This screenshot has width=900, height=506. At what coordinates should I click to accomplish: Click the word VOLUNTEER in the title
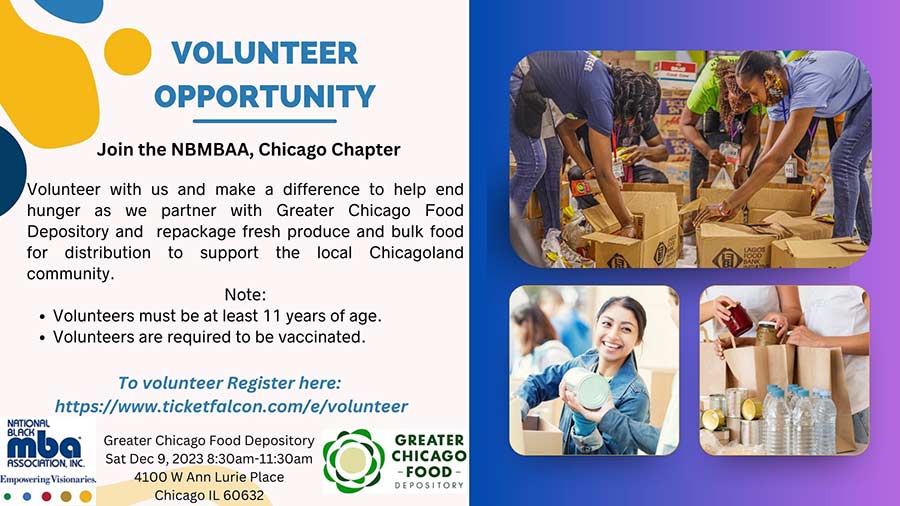265,53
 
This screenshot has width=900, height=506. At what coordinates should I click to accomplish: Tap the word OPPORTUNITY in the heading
265,96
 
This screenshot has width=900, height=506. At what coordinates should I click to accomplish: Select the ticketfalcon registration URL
231,406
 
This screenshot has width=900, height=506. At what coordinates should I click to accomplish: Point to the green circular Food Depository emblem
353,461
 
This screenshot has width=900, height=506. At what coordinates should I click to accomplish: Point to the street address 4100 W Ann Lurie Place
209,477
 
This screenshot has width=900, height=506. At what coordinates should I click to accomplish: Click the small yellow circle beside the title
127,52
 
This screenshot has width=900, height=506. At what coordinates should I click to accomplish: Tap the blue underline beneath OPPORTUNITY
265,121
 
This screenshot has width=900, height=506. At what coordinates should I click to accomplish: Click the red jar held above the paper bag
738,319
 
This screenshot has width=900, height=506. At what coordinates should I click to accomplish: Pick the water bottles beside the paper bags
799,418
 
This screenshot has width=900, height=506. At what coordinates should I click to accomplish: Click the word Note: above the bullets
245,295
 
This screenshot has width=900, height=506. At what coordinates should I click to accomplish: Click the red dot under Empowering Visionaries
46,496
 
